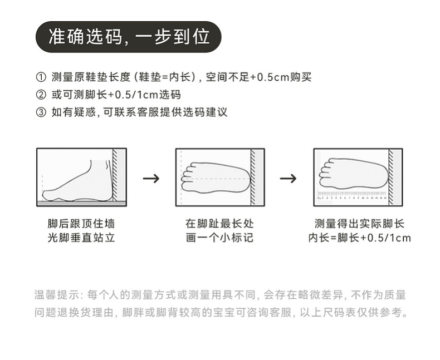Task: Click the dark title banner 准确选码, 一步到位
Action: [x=128, y=37]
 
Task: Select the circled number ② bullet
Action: [x=41, y=95]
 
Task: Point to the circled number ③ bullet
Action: [x=41, y=112]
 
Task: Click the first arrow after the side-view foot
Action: [x=150, y=178]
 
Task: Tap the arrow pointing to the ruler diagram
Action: [x=288, y=178]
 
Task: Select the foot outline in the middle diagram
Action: [x=213, y=177]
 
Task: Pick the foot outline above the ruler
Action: [x=352, y=173]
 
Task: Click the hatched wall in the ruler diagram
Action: [x=392, y=175]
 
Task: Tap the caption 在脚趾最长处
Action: [x=219, y=224]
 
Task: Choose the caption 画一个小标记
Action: [x=219, y=238]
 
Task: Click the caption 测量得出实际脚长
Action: [x=359, y=224]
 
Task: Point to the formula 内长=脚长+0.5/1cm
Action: [x=359, y=238]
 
